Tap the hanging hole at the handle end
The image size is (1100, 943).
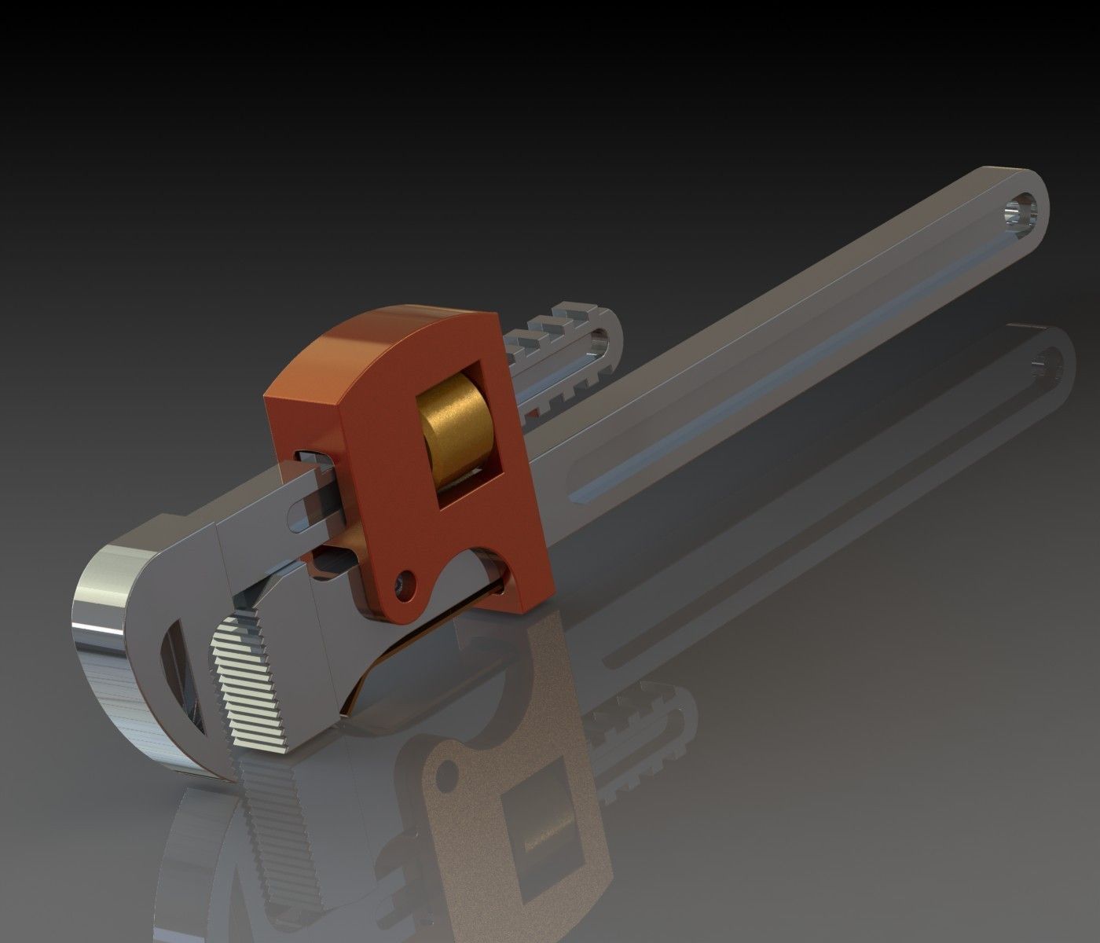coord(1022,212)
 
